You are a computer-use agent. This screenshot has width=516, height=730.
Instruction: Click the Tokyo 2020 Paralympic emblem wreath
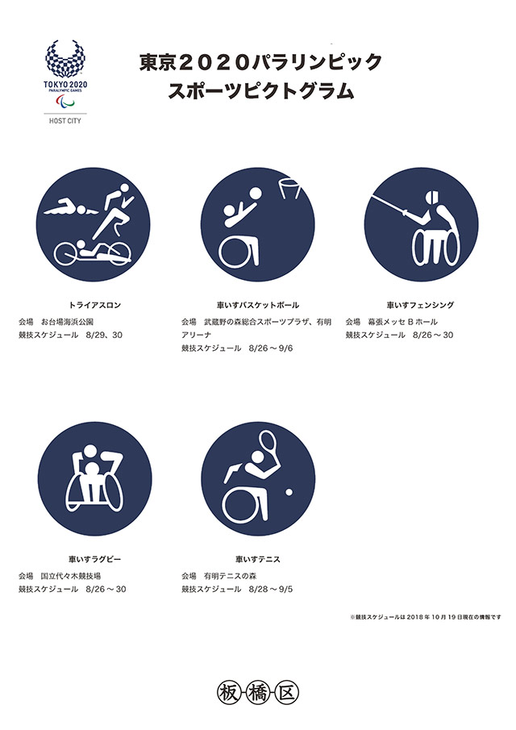pos(65,59)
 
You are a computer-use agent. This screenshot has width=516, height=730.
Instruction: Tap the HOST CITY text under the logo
pos(65,121)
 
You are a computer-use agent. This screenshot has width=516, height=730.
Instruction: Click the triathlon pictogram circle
pos(93,224)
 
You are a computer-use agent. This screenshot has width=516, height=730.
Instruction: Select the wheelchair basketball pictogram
pos(258,224)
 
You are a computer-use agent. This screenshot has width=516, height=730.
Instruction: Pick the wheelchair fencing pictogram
pos(421,224)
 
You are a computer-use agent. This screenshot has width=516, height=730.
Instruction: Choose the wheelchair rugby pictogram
pos(94,478)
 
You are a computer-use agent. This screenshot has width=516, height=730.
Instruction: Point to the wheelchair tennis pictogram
pos(258,478)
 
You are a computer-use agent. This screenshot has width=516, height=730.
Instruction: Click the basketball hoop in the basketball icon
pos(289,188)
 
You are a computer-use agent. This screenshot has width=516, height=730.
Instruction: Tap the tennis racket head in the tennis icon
pos(267,441)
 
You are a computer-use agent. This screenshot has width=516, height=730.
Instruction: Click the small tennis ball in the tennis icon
pos(289,492)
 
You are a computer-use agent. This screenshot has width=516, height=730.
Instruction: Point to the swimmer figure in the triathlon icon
pos(71,209)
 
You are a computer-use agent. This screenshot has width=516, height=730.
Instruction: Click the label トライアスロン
pos(94,306)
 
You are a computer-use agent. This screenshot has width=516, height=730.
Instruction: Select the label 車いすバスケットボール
pos(258,306)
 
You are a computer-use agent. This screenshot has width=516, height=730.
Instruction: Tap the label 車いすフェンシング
pos(420,306)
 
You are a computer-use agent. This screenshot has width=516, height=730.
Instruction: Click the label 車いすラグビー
pos(94,559)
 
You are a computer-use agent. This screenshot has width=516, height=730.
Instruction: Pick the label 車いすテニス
pos(258,559)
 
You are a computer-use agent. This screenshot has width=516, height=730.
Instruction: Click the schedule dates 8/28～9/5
pos(271,590)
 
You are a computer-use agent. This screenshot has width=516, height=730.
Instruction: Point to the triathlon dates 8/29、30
pos(104,336)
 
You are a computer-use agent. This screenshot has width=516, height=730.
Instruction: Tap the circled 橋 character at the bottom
pos(257,694)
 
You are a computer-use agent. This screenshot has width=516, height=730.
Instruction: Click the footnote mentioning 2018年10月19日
pos(426,617)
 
